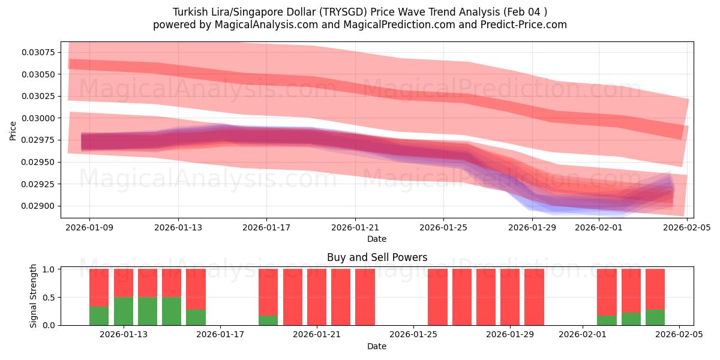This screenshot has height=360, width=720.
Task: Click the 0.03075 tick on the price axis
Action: tap(38, 52)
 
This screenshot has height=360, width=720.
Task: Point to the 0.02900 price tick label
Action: tap(38, 206)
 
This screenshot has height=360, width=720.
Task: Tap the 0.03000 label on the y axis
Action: tap(38, 118)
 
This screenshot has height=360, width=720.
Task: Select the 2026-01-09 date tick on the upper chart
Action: tap(89, 227)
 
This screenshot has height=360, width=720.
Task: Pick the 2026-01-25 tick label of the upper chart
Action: tap(443, 227)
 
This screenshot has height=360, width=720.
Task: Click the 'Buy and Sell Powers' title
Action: tap(377, 257)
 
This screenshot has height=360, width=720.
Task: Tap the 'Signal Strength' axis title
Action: tap(34, 296)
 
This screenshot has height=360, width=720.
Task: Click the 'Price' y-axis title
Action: tap(13, 130)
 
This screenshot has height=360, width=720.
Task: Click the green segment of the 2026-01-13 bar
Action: tap(124, 311)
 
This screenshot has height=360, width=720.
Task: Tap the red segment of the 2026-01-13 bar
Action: tap(124, 283)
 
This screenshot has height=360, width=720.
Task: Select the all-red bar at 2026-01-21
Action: tap(317, 297)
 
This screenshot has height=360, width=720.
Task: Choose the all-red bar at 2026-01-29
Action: tap(510, 297)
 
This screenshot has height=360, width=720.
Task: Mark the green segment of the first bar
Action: tap(99, 316)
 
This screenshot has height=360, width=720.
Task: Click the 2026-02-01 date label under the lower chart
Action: tap(583, 334)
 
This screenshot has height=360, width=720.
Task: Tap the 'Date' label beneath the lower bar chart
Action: tap(377, 346)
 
